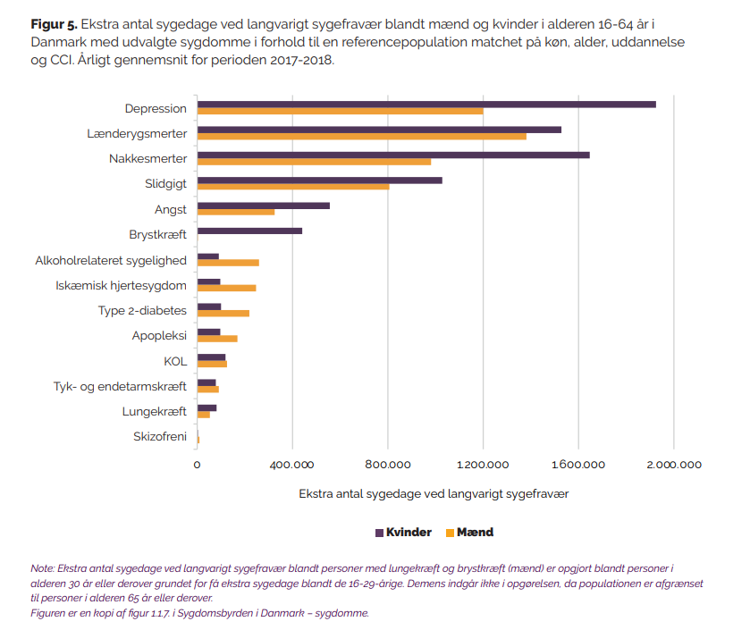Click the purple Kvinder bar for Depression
click(x=426, y=105)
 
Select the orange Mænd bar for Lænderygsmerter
click(x=362, y=136)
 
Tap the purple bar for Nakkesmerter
click(x=393, y=155)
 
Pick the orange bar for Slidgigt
click(x=293, y=187)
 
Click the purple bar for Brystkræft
click(x=249, y=231)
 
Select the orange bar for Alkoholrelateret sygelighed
click(x=228, y=263)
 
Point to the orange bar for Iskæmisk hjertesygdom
click(x=227, y=288)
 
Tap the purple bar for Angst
click(x=264, y=206)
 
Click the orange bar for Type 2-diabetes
click(x=223, y=313)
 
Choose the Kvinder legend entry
click(x=403, y=533)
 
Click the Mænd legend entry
click(x=469, y=533)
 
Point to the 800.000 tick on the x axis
click(x=388, y=465)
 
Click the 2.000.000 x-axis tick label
click(x=674, y=465)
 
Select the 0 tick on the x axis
click(x=197, y=465)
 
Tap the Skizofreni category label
click(x=160, y=436)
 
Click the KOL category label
click(x=175, y=361)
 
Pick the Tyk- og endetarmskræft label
click(x=120, y=386)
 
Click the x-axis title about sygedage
click(x=434, y=494)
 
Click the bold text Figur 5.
click(x=54, y=24)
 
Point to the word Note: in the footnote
click(x=43, y=568)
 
